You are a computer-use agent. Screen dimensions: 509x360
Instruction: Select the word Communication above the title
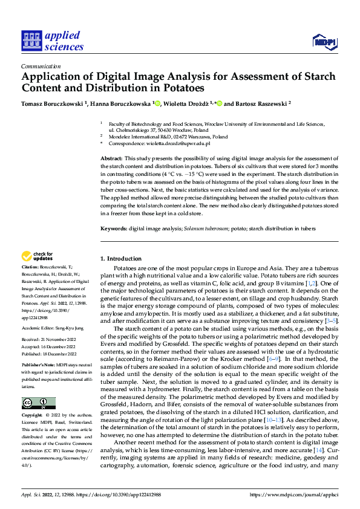coord(41,66)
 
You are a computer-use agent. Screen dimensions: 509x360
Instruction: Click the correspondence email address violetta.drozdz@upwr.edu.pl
coord(180,143)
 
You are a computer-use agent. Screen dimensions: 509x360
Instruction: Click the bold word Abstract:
coord(111,158)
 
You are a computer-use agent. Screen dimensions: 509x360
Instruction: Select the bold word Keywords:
coord(113,229)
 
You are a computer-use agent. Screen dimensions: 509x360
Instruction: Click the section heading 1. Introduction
coord(121,258)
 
